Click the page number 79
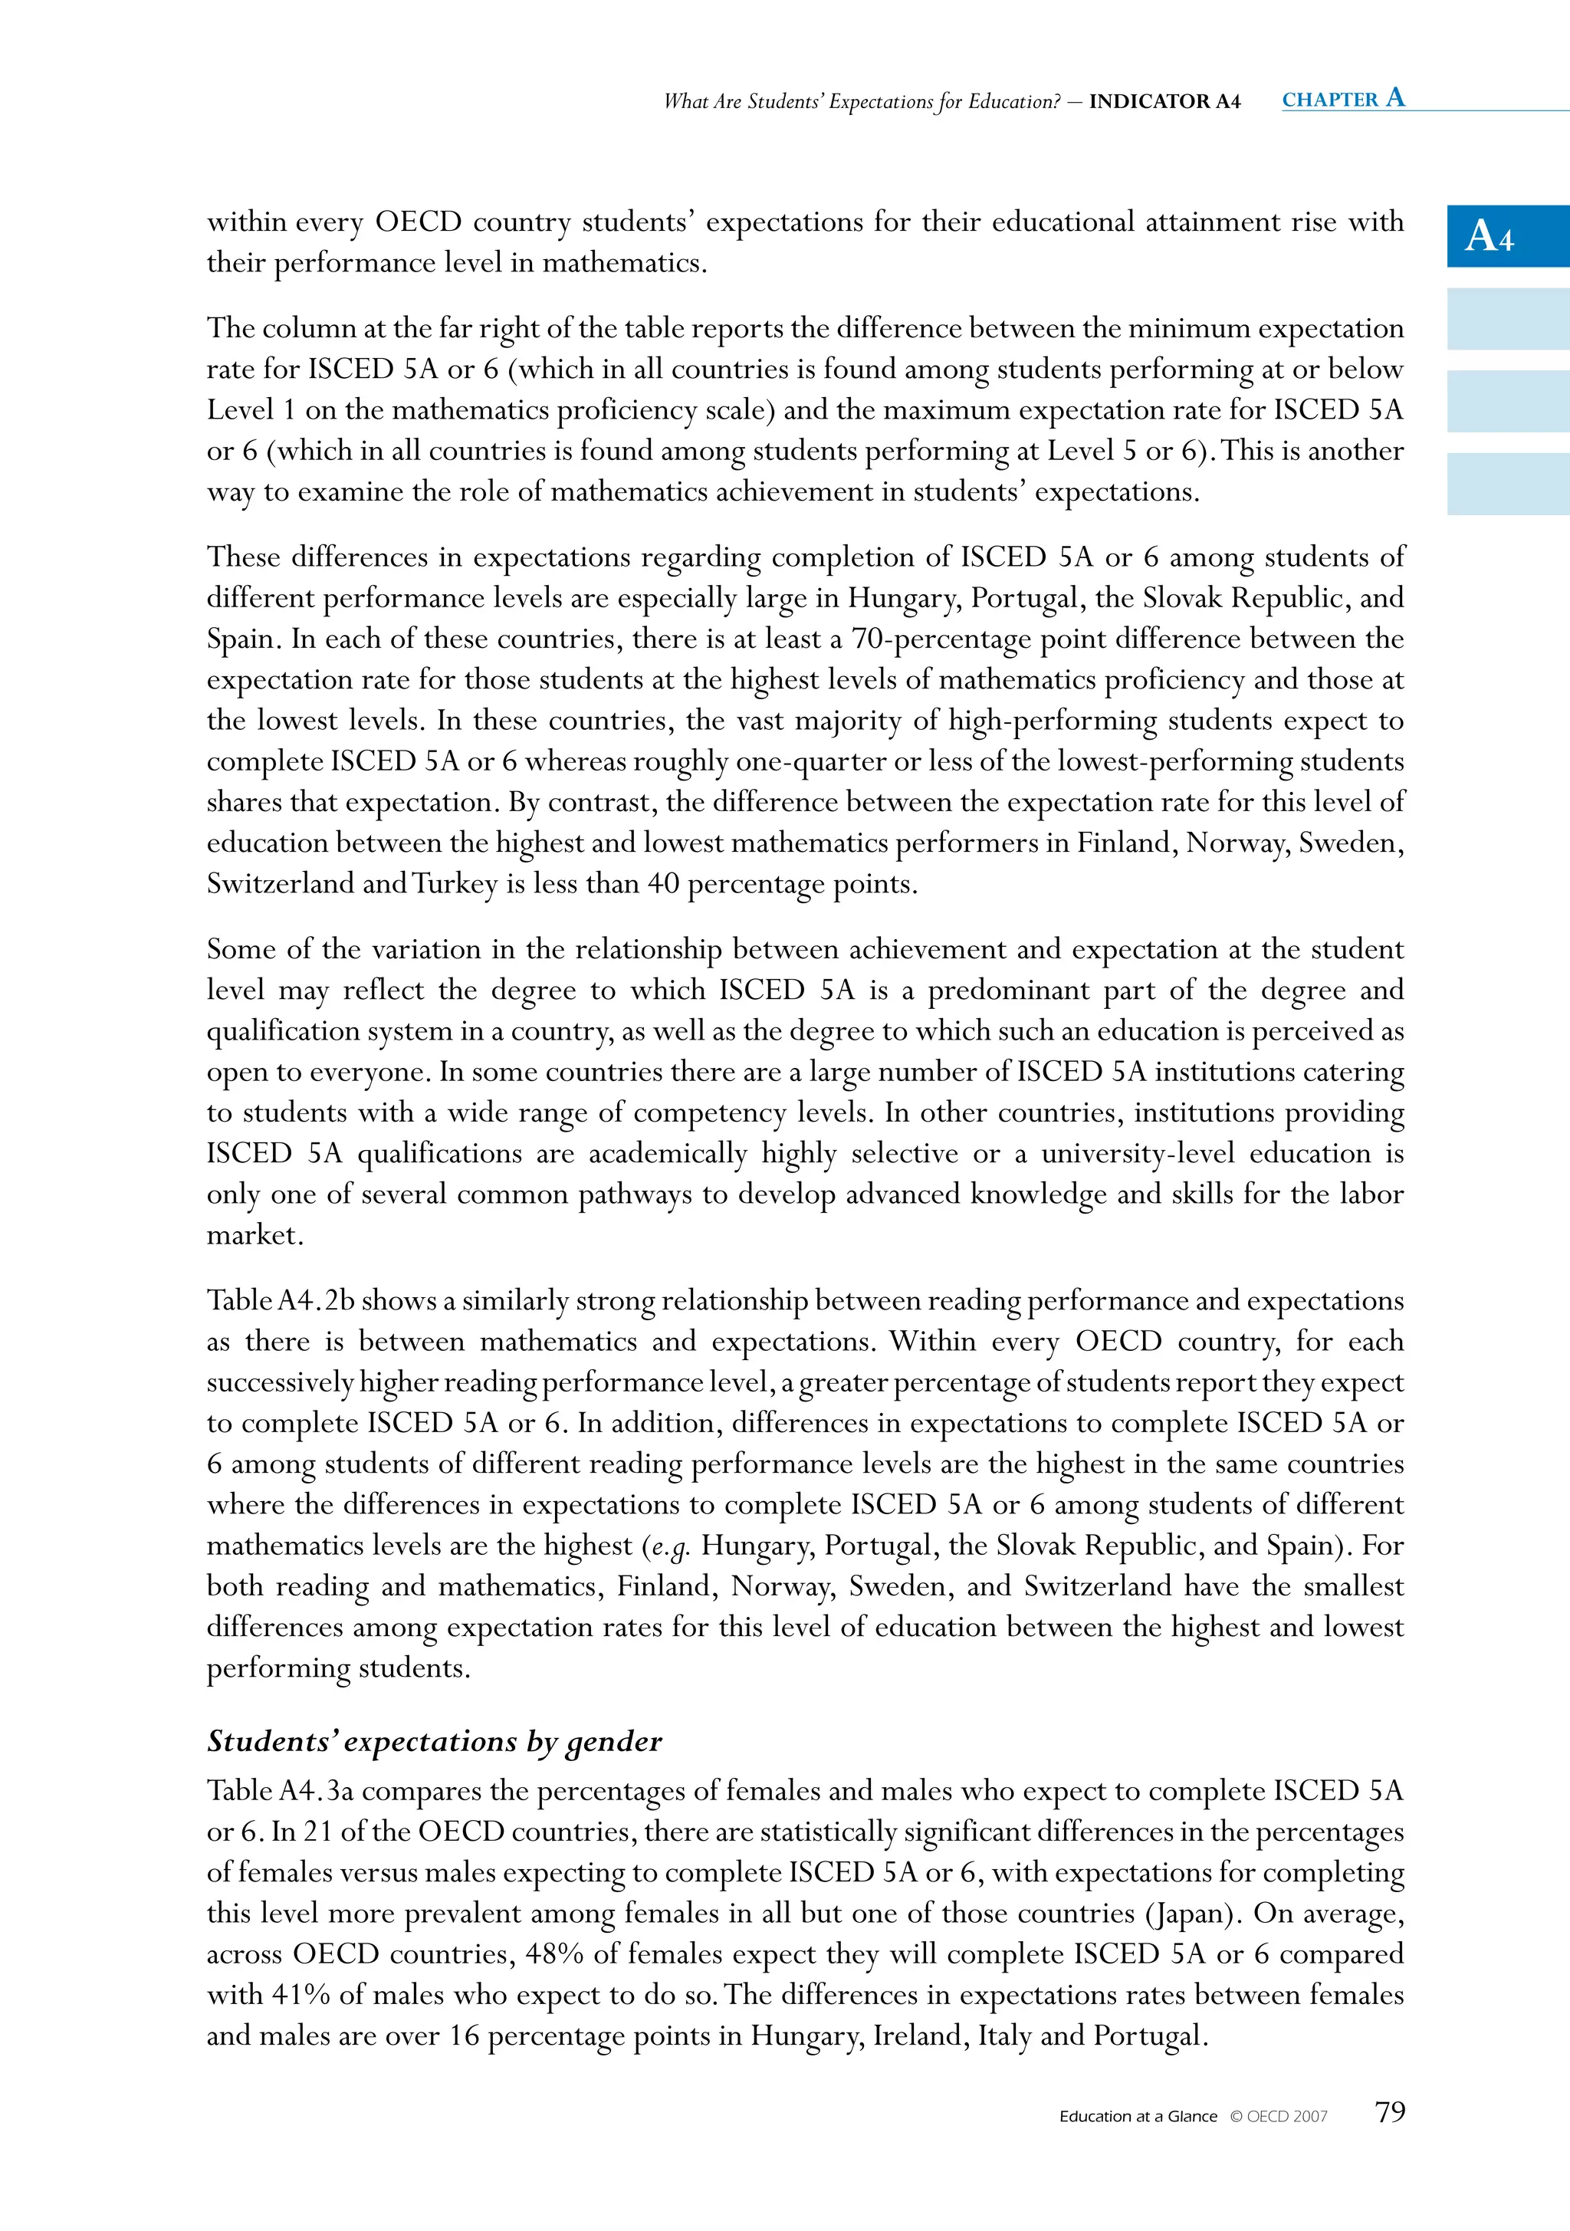[x=1389, y=2111]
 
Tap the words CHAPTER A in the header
[x=1342, y=98]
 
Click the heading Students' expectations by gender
[x=433, y=1741]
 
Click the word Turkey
[x=454, y=884]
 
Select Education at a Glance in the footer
[x=1138, y=2116]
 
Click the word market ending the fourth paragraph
[x=255, y=1236]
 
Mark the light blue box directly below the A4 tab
[x=1507, y=319]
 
